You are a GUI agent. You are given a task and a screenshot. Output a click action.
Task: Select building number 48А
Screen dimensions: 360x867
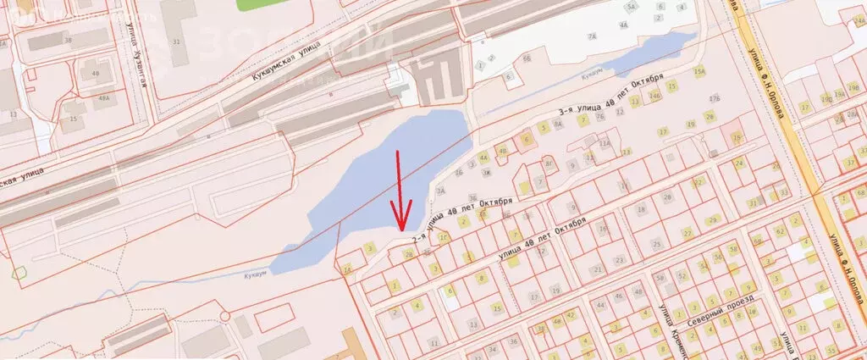tap(104, 98)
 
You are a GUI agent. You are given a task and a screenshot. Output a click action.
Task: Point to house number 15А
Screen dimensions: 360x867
tap(699, 73)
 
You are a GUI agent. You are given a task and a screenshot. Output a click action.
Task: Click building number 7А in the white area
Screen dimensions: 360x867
tap(594, 37)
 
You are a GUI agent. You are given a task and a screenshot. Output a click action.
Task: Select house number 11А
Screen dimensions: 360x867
tap(604, 145)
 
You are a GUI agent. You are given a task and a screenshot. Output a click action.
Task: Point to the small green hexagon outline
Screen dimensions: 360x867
tap(19, 273)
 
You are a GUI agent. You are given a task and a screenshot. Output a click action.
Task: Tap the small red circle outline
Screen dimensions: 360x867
tap(225, 316)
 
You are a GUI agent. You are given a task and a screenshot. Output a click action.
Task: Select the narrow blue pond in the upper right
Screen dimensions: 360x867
tap(653, 55)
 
